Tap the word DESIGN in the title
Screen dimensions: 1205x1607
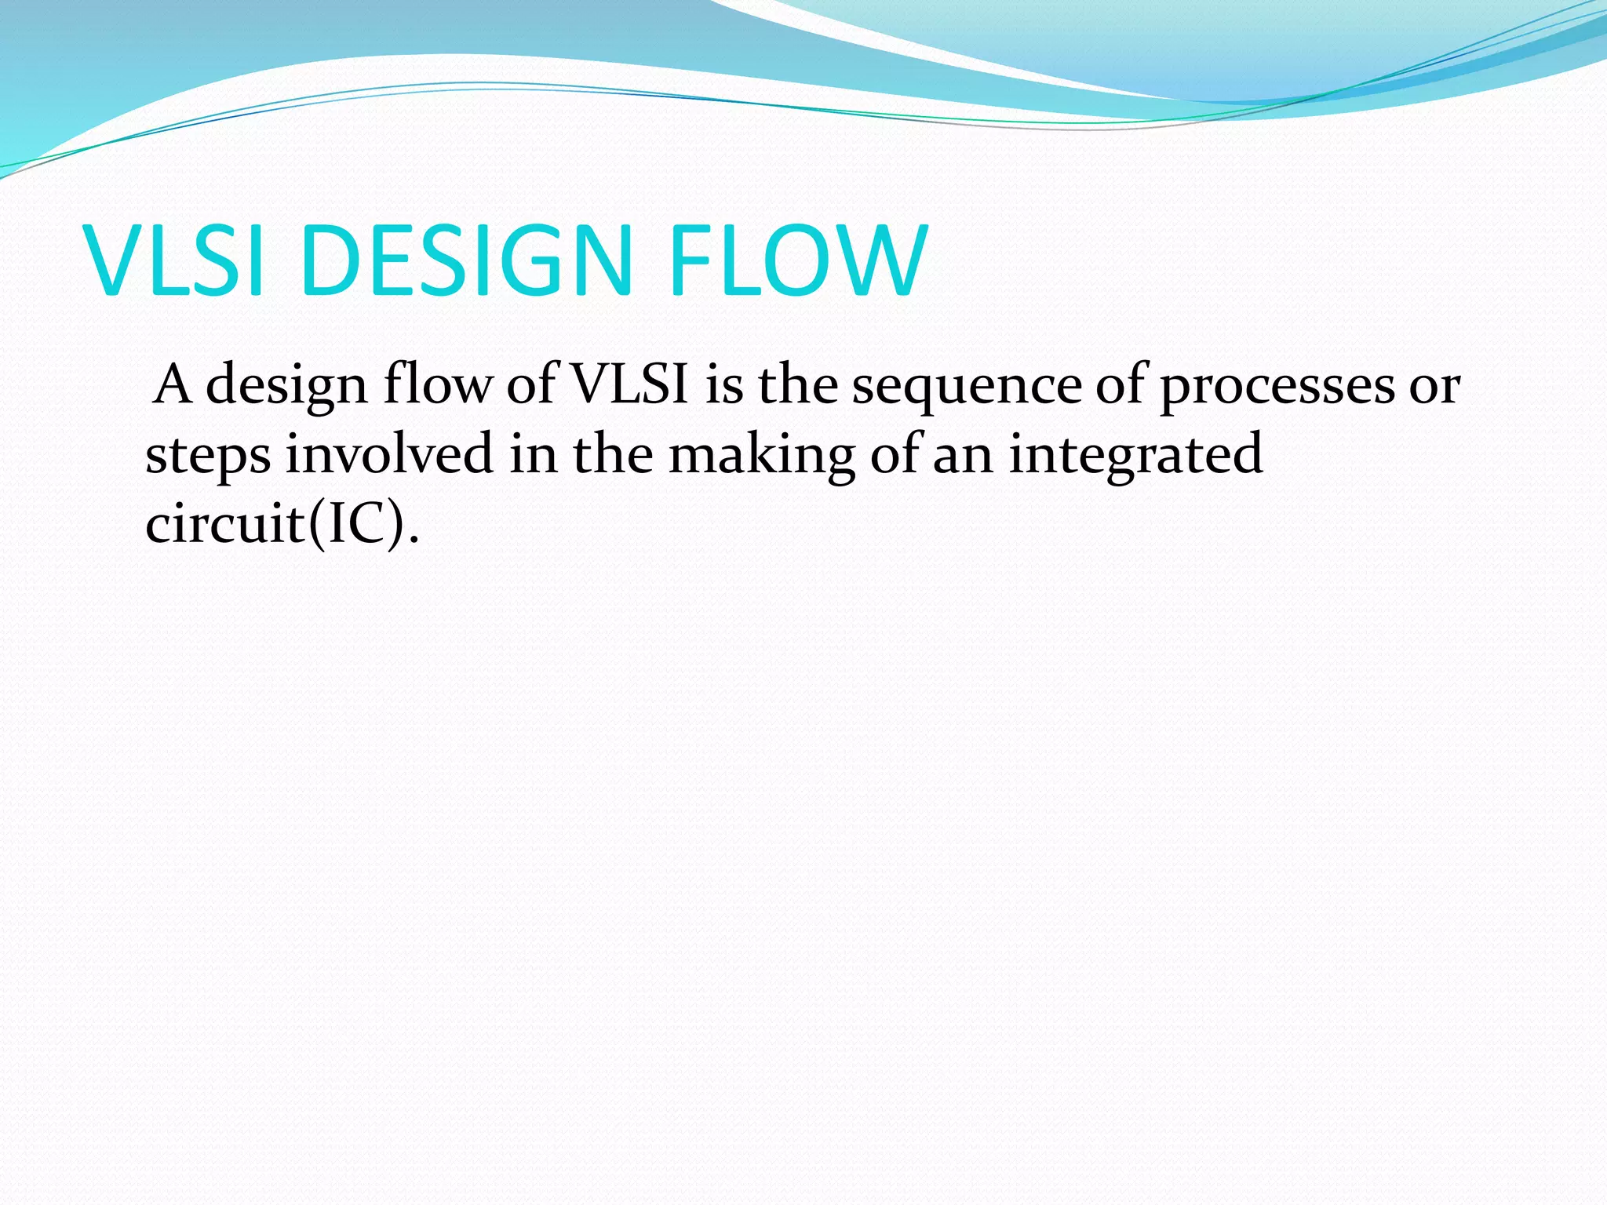tap(465, 260)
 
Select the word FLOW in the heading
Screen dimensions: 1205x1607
tap(799, 260)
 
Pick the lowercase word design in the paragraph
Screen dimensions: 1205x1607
tap(286, 386)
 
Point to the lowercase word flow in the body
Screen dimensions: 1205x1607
tap(437, 386)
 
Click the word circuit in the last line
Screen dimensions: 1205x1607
tap(224, 524)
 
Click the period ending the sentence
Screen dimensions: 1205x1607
tap(414, 541)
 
